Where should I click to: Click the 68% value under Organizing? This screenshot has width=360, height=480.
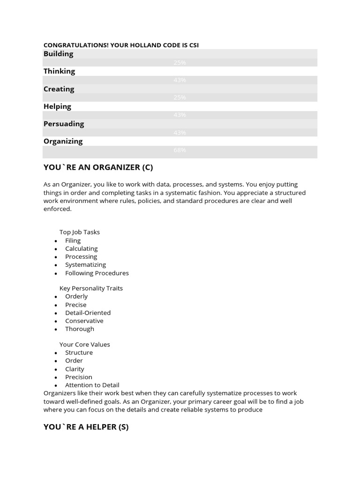coord(180,150)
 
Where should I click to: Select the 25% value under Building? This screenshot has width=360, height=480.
coord(180,63)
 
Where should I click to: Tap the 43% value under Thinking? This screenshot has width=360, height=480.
coord(180,80)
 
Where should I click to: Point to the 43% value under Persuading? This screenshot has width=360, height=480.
coord(180,133)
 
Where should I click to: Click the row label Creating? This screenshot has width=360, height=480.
coord(59,89)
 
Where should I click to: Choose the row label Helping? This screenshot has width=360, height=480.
coord(57,106)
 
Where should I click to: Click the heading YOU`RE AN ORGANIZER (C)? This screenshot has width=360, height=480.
coord(98,167)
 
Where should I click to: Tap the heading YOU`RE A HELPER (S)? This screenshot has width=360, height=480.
coord(86,427)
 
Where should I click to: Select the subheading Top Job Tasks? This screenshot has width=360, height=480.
coord(79,232)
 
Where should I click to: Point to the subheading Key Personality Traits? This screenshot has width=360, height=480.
coord(91,288)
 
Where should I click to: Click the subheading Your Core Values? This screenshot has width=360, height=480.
coord(84,345)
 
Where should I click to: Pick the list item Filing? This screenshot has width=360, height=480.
coord(73,240)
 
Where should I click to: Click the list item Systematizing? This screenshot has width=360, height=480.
coord(85,265)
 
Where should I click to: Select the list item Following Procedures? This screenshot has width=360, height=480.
coord(97,273)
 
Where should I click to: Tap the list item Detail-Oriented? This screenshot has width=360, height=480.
coord(88,313)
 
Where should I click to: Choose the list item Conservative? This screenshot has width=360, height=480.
coord(84,321)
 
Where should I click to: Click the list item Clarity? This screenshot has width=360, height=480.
coord(75,369)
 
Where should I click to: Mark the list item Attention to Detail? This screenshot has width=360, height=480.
coord(92,385)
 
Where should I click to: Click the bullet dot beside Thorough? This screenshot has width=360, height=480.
coord(56,330)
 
